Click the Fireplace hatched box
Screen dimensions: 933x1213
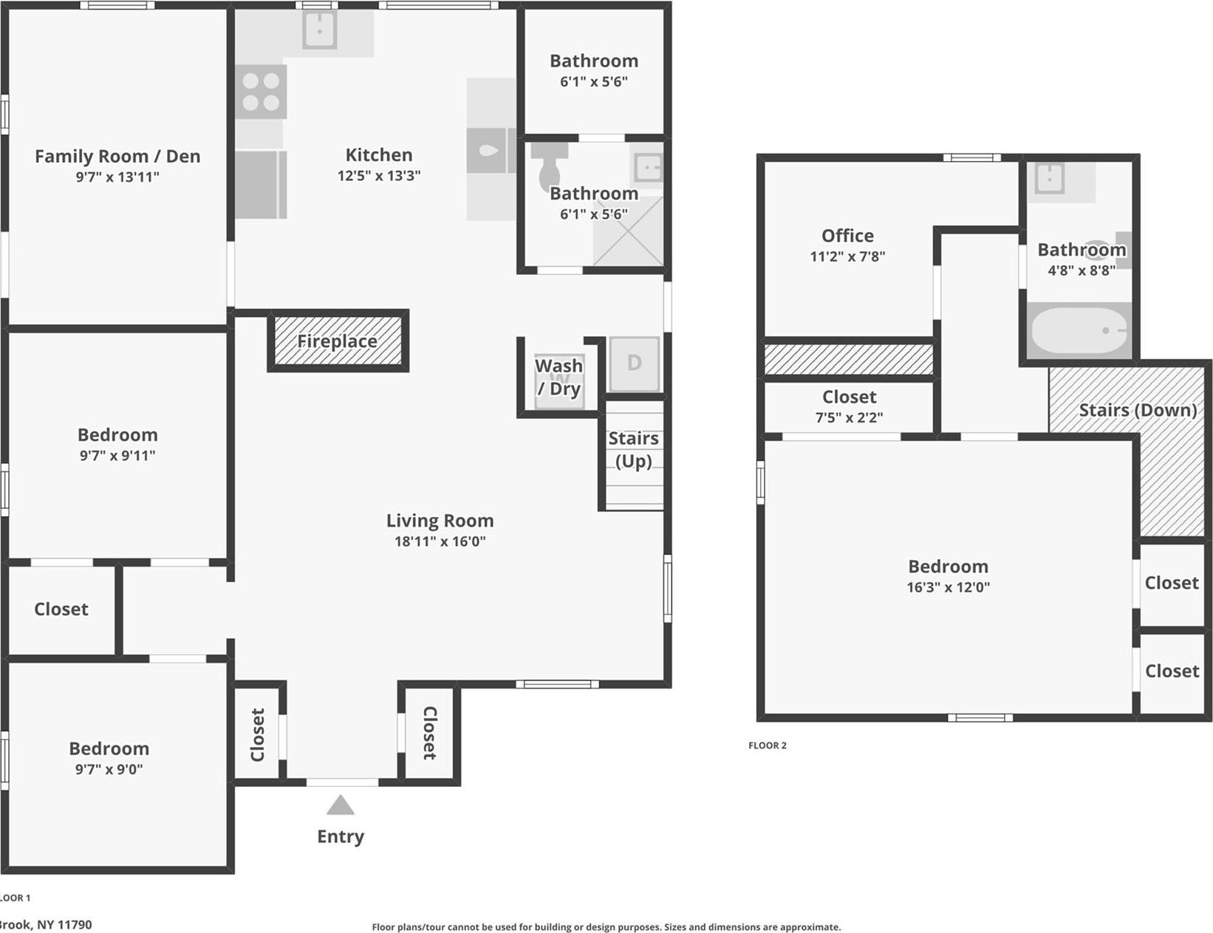[x=338, y=341]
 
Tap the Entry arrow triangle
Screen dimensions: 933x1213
[x=340, y=806]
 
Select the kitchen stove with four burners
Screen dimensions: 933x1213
[x=261, y=92]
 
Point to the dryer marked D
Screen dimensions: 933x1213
[x=634, y=363]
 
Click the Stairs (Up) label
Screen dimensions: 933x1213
[x=633, y=449]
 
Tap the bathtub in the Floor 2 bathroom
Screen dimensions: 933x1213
[x=1079, y=330]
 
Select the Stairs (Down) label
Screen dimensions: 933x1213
[x=1137, y=410]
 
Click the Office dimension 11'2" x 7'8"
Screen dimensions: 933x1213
[x=847, y=256]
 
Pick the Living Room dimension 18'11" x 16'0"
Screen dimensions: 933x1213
[x=440, y=541]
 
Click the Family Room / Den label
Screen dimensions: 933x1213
[x=117, y=156]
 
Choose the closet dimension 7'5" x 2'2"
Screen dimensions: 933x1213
[x=849, y=417]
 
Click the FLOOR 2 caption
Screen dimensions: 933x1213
[x=767, y=745]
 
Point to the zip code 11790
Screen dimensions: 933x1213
[x=74, y=924]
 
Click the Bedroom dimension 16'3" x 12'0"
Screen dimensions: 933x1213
[x=948, y=587]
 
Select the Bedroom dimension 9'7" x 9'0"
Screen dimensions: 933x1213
[x=109, y=769]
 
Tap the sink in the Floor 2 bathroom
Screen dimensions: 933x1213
[x=1049, y=178]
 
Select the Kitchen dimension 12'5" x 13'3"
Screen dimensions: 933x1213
[x=378, y=176]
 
